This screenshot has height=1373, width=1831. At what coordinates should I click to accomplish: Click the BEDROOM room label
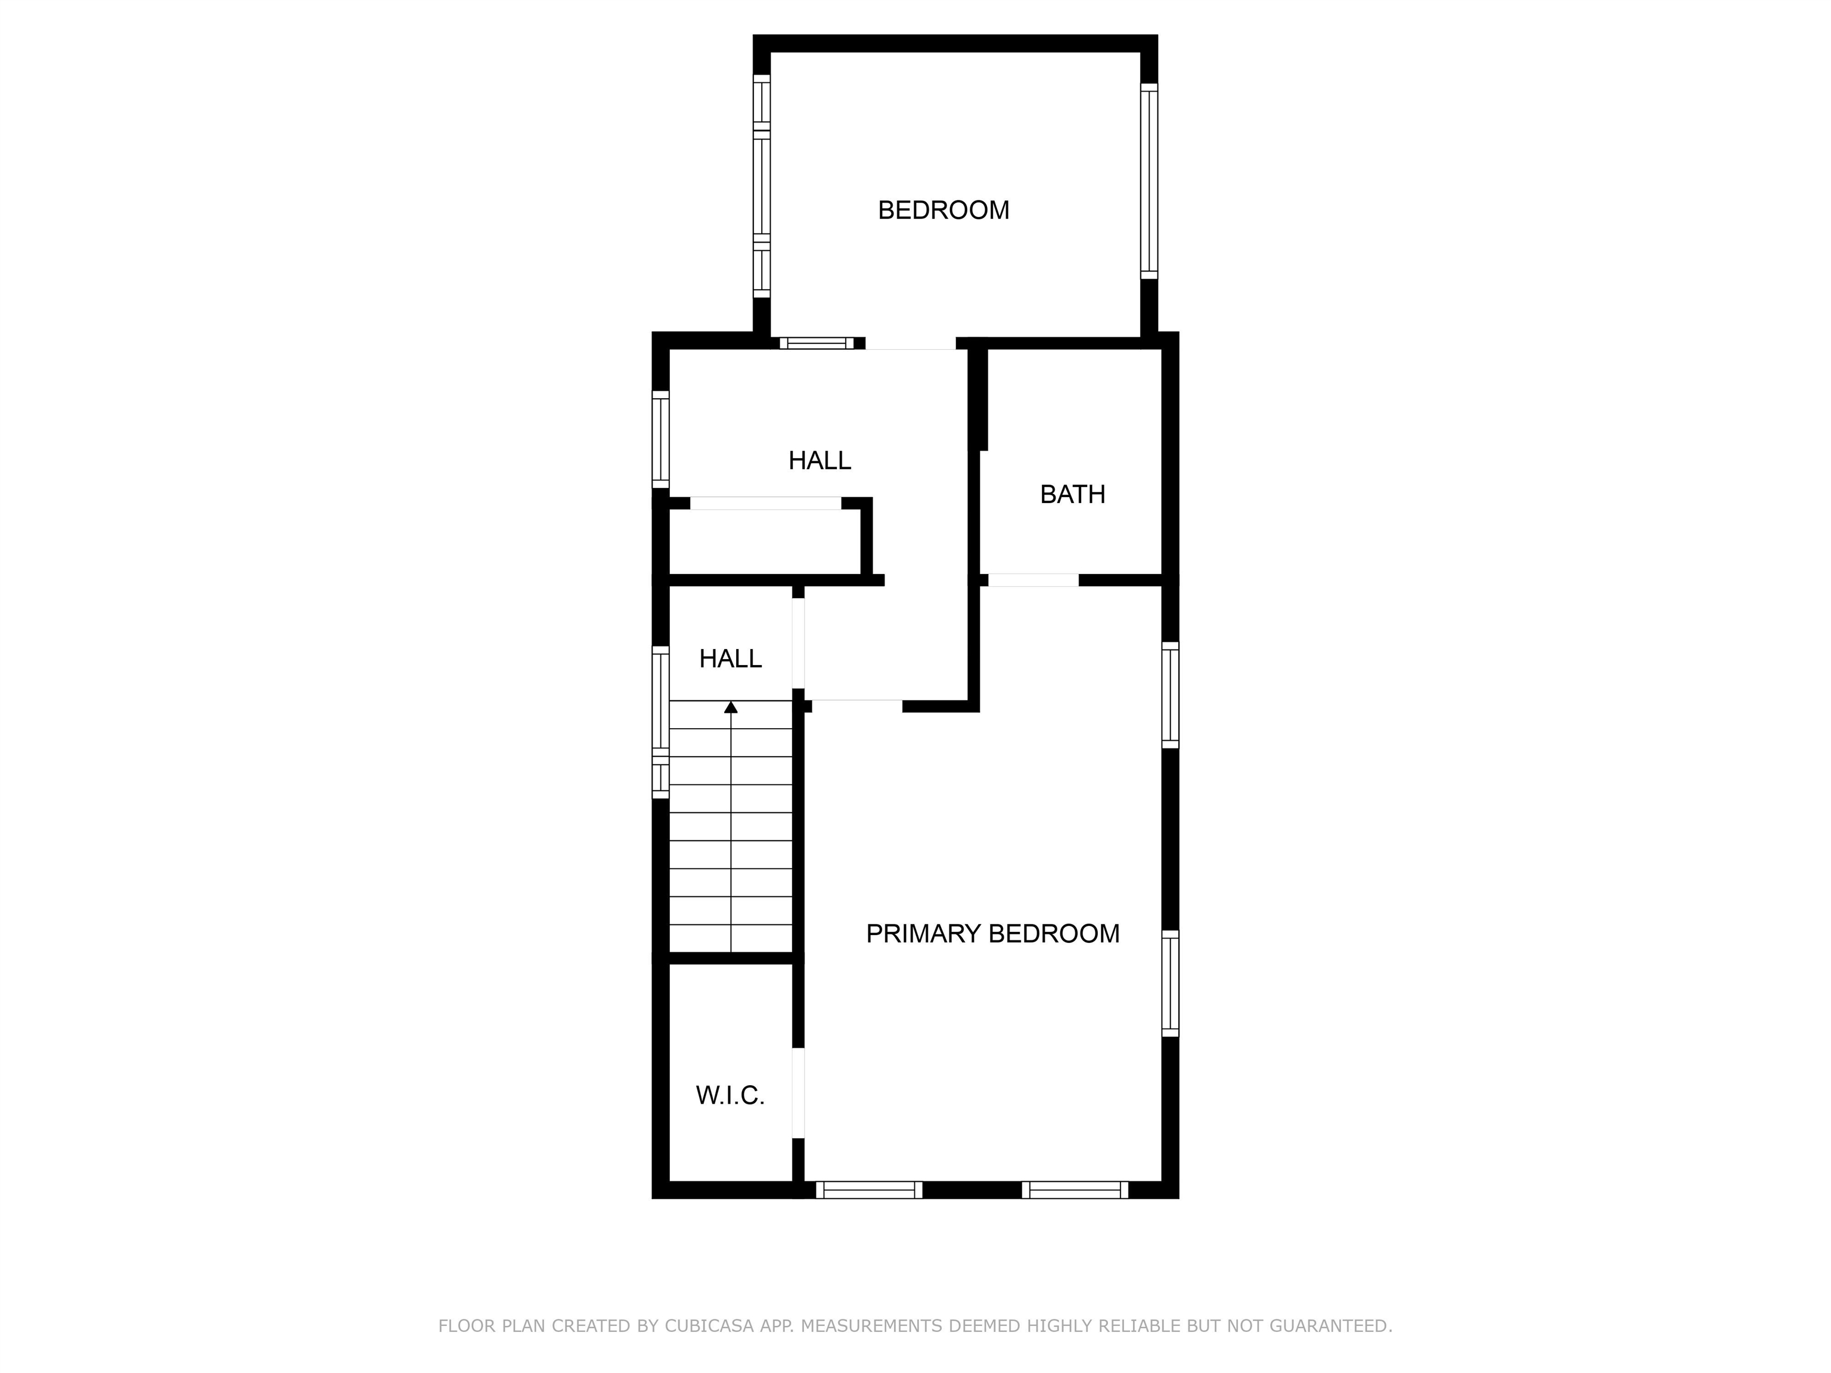[x=943, y=210]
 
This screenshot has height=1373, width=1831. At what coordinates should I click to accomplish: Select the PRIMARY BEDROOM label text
[x=992, y=934]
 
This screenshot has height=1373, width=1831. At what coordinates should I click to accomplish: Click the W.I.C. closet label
[x=730, y=1096]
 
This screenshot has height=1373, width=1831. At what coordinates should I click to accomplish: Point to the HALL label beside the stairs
[x=730, y=658]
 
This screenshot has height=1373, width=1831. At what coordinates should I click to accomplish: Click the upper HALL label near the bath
[x=820, y=460]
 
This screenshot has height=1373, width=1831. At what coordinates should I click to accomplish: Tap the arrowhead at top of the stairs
[x=731, y=707]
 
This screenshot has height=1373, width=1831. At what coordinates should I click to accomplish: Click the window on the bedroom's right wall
[x=1149, y=181]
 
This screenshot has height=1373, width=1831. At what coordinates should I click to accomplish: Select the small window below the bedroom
[x=816, y=343]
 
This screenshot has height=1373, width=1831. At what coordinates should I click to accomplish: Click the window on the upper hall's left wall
[x=660, y=439]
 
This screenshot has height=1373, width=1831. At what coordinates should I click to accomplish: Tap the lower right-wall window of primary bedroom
[x=1169, y=983]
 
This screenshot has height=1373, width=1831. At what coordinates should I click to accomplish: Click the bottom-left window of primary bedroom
[x=869, y=1190]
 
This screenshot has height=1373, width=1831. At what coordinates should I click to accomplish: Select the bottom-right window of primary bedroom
[x=1075, y=1190]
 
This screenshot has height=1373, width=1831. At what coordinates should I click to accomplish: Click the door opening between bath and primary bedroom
[x=1033, y=580]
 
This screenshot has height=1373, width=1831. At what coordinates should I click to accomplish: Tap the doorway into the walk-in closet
[x=798, y=1092]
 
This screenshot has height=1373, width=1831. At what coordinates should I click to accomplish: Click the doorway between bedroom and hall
[x=911, y=343]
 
